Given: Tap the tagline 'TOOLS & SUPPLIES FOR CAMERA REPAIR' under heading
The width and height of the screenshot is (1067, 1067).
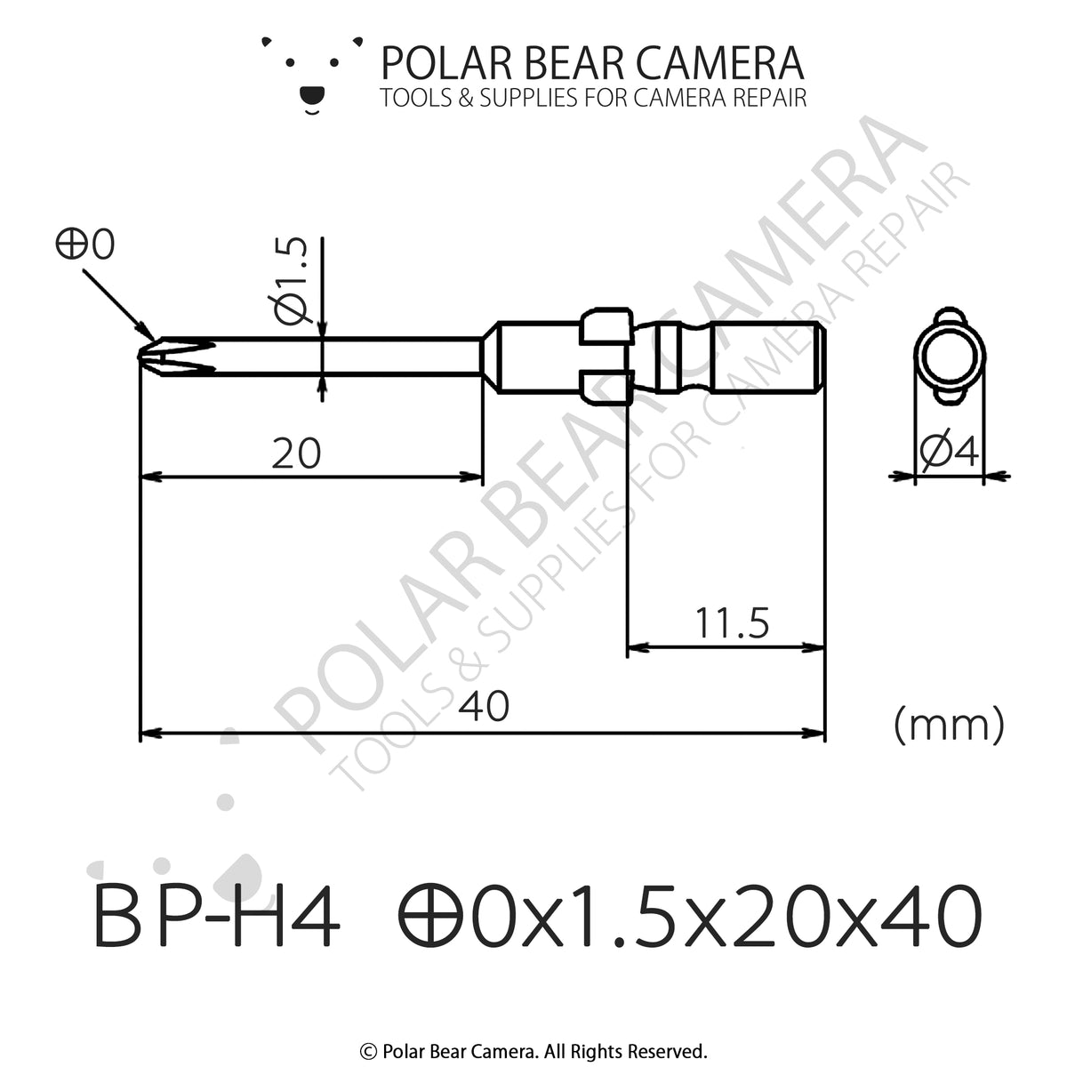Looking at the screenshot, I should click(593, 98).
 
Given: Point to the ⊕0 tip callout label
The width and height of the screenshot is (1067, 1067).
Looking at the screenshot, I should click(85, 245).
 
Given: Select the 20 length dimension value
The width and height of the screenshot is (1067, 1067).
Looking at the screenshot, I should click(296, 454).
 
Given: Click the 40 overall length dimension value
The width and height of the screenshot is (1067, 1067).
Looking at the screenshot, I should click(485, 707).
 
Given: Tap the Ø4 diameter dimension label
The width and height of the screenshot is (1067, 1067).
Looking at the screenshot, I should click(950, 453).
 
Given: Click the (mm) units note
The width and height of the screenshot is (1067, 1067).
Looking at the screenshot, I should click(949, 725).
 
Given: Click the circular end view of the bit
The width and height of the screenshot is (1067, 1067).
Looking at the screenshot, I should click(949, 356).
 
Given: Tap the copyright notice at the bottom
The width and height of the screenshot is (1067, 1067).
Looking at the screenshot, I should click(533, 1050).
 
